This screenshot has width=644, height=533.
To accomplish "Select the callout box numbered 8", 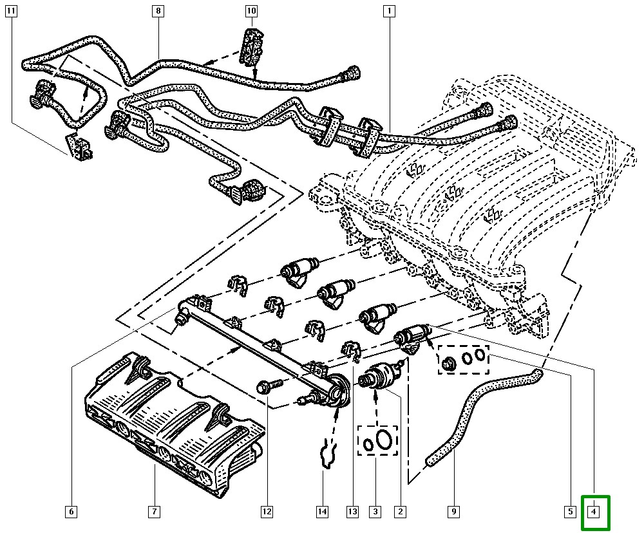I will [158, 11].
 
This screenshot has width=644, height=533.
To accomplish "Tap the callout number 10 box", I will [251, 11].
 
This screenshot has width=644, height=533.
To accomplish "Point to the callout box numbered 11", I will [12, 11].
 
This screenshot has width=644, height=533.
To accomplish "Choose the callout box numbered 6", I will [71, 512].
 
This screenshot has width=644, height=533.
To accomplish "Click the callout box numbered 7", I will [154, 512].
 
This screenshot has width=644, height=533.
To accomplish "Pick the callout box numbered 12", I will [266, 512].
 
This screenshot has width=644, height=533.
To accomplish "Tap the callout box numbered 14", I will [322, 512].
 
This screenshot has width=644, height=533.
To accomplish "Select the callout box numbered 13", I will [352, 512].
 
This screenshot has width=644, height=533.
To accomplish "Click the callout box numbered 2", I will [400, 512].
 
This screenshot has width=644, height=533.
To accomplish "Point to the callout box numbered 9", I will [453, 512].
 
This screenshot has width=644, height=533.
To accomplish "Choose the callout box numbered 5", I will [569, 512].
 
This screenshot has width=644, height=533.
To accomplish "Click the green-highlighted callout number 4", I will [595, 512].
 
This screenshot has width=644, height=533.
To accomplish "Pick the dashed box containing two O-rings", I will [378, 440].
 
